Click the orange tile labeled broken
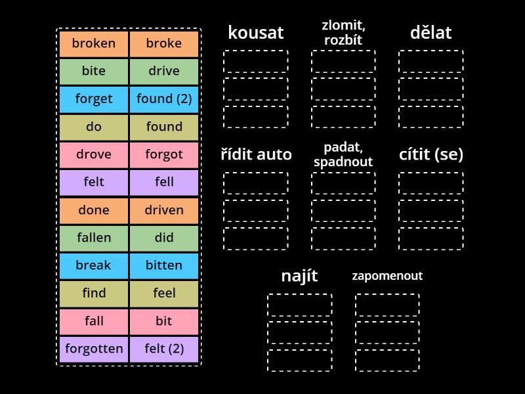click(x=94, y=44)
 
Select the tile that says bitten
click(x=164, y=266)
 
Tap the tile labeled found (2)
click(x=164, y=99)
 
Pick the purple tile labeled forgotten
click(x=94, y=349)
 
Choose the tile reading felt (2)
click(x=164, y=349)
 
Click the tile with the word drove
click(x=94, y=155)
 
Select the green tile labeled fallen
click(x=94, y=238)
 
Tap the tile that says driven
click(x=164, y=211)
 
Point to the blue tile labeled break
click(x=94, y=266)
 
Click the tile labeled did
click(x=164, y=238)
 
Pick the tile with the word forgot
click(x=164, y=155)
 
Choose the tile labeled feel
click(x=164, y=294)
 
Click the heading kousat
click(x=255, y=33)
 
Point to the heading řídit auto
click(x=256, y=155)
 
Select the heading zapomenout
click(x=387, y=276)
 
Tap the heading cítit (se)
click(x=431, y=155)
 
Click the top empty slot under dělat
click(x=431, y=61)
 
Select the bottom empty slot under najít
click(x=299, y=361)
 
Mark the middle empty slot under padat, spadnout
click(x=343, y=211)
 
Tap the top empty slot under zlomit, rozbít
click(x=343, y=61)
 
